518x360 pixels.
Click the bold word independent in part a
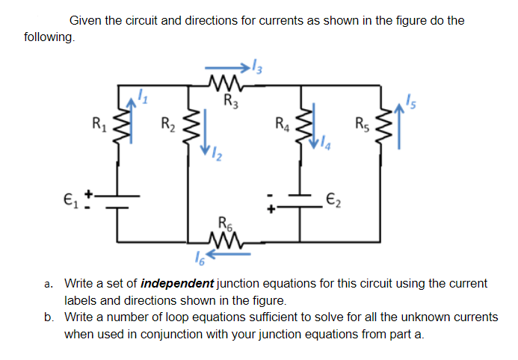(177, 284)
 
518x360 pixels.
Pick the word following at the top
(49, 37)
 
